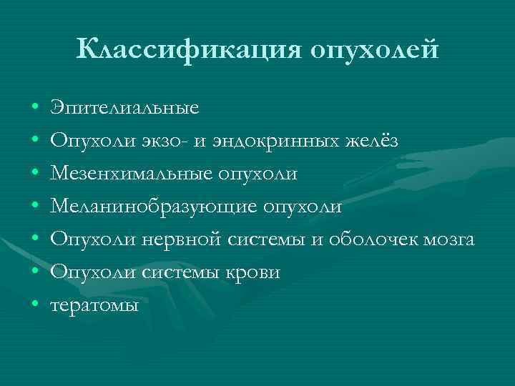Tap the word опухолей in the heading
tap(373, 49)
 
